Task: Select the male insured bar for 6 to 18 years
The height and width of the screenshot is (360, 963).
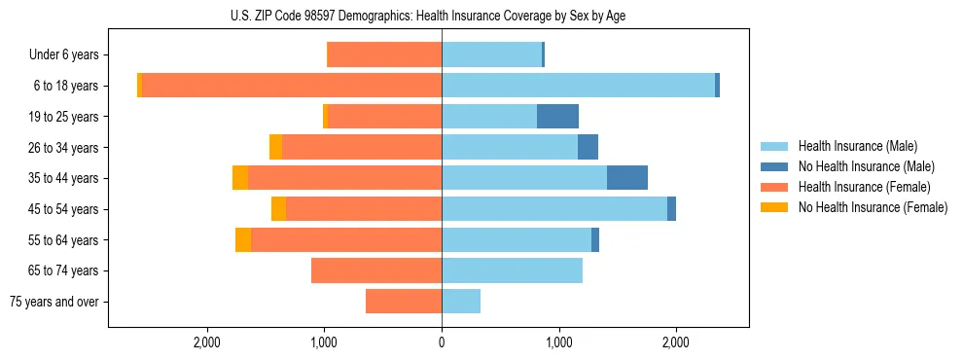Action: click(578, 86)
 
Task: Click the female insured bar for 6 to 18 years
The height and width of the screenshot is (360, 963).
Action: click(292, 86)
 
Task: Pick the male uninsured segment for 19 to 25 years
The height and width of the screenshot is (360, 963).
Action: click(557, 117)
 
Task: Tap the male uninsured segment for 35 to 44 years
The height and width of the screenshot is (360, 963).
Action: click(627, 178)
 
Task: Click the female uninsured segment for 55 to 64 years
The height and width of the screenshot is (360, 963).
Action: click(243, 240)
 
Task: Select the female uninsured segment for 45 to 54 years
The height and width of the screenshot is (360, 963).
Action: click(278, 209)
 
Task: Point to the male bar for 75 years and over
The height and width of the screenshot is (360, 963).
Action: click(461, 302)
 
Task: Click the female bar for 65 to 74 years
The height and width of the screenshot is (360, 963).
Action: click(376, 270)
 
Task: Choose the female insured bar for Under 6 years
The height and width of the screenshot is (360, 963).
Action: click(385, 55)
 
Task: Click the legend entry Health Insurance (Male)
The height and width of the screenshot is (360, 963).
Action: click(857, 146)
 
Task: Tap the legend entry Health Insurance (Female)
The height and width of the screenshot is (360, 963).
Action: click(864, 187)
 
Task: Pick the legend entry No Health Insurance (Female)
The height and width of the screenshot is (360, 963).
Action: click(872, 207)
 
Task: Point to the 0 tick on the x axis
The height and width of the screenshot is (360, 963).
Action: click(442, 342)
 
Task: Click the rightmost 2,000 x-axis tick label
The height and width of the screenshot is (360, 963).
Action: click(676, 342)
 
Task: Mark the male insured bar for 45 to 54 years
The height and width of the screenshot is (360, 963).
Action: click(554, 209)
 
